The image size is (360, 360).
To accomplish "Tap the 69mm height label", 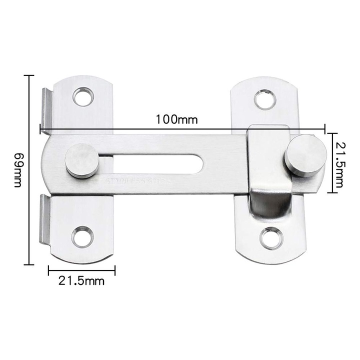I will (x=17, y=170).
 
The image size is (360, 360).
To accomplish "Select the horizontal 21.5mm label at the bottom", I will (x=81, y=281).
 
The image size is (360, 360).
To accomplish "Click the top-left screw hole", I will (x=82, y=96).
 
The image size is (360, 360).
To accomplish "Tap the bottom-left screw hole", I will (x=82, y=236).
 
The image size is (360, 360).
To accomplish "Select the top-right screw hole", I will (x=264, y=99).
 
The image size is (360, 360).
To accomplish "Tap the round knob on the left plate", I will (x=81, y=160).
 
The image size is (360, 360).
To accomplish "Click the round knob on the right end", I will (x=305, y=155).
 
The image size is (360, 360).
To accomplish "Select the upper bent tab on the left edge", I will (x=46, y=107).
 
